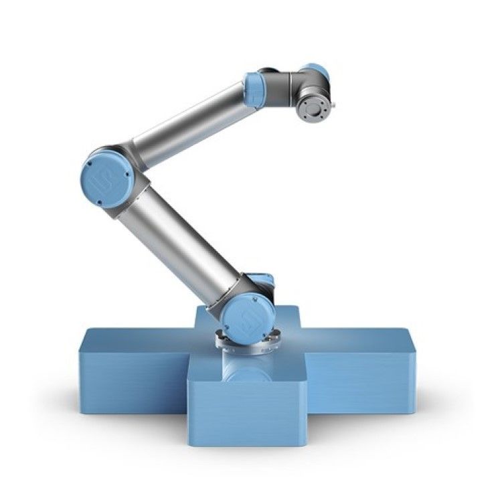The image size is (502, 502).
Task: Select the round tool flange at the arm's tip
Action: point(315,107)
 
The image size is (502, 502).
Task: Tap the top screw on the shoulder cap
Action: point(250,295)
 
